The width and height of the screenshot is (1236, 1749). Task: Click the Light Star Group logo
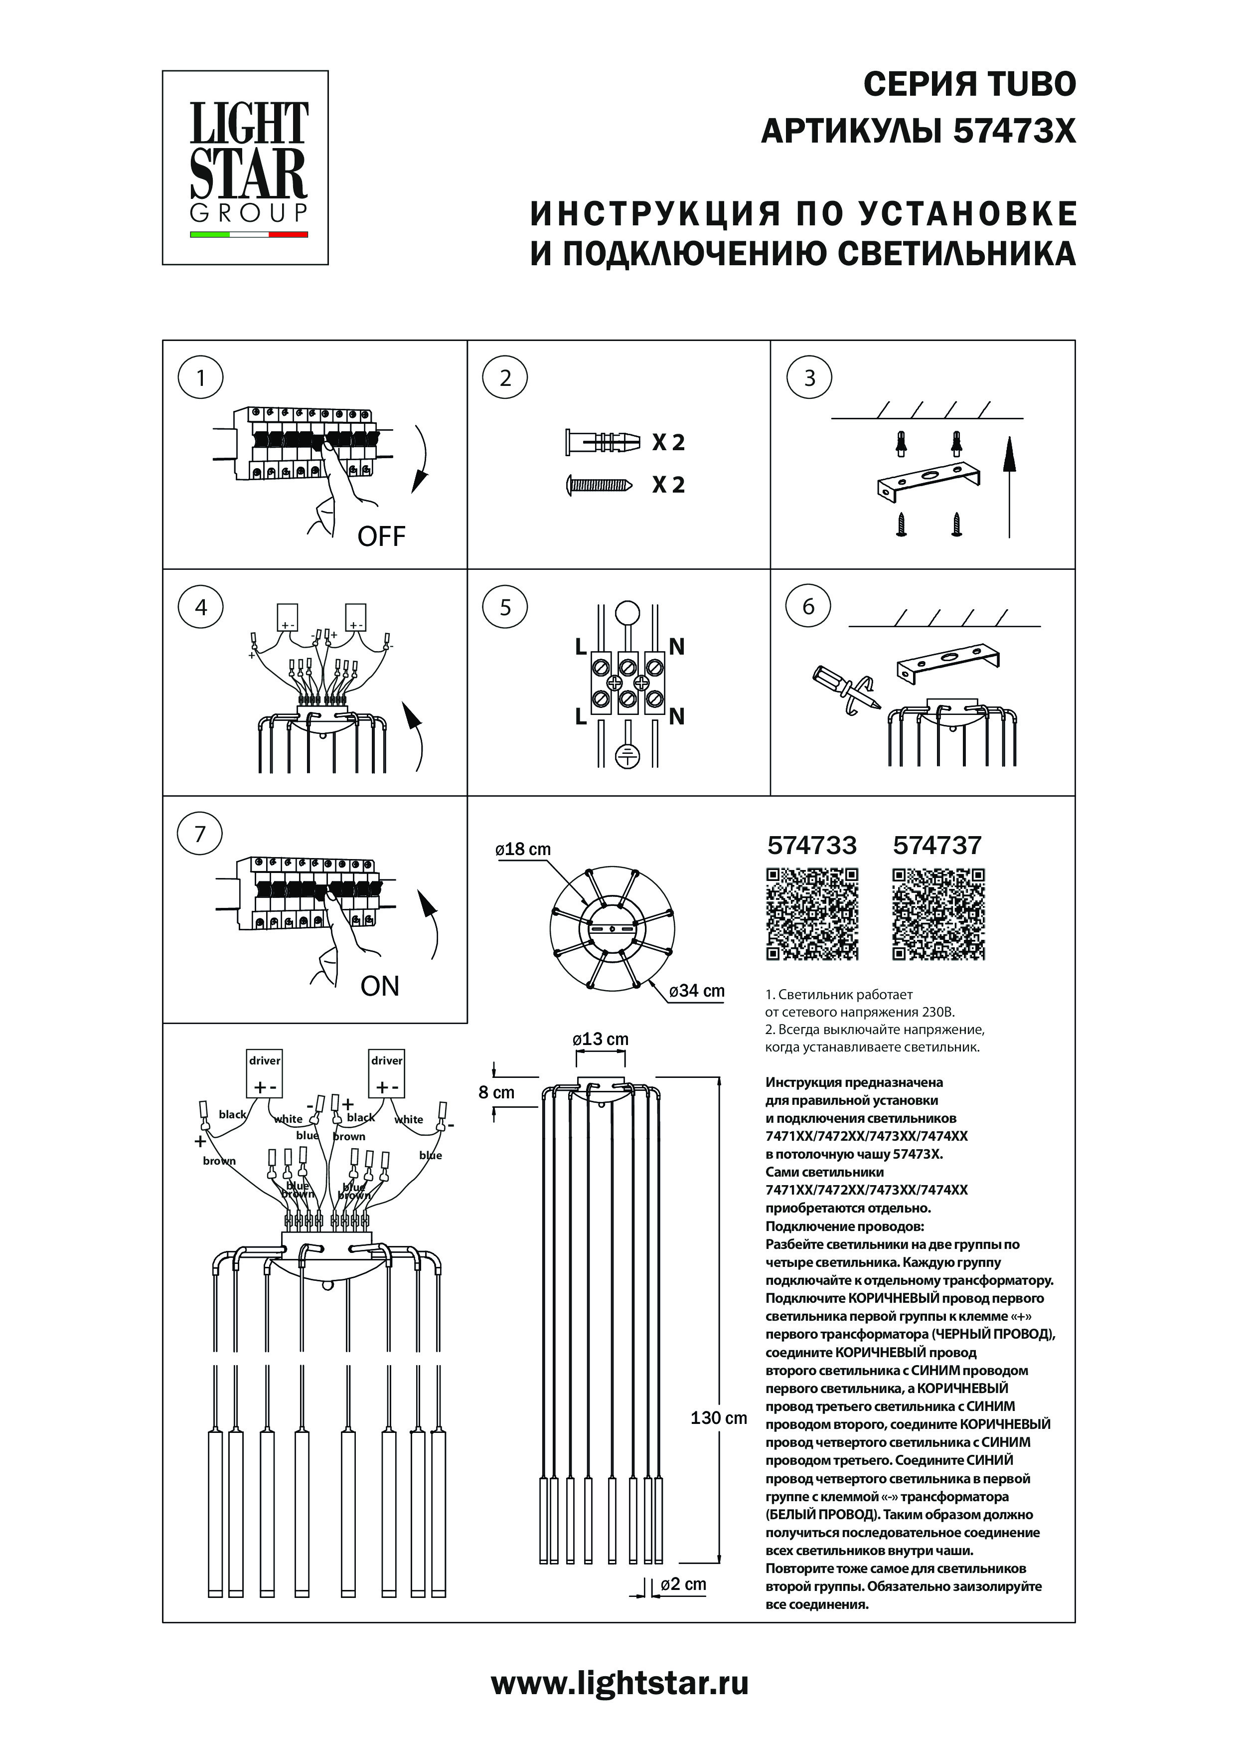(x=245, y=168)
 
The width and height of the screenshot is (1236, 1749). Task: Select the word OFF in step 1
(x=382, y=536)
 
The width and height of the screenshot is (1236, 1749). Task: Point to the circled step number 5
(x=505, y=607)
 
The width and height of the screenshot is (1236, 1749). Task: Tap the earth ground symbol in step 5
(x=627, y=755)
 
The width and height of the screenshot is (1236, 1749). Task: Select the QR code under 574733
(x=812, y=914)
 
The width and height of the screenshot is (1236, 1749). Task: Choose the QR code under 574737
(x=938, y=914)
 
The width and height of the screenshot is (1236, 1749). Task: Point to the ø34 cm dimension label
(x=697, y=991)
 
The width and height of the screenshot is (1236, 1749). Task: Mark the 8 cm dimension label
(x=496, y=1092)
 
